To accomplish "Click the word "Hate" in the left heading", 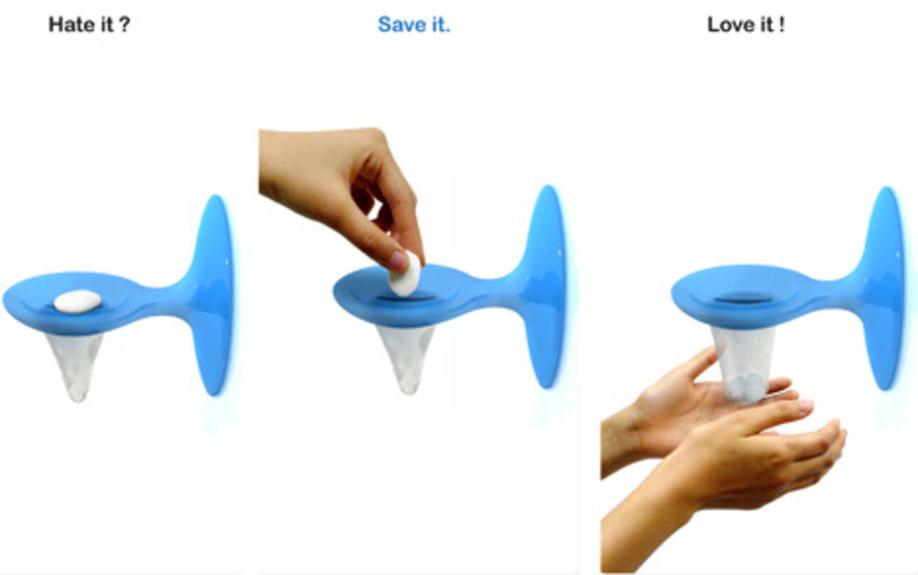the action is pyautogui.click(x=70, y=24).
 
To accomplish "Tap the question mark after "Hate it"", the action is pyautogui.click(x=125, y=24).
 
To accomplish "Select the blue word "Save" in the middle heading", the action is pyautogui.click(x=402, y=24).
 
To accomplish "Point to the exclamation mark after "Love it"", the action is pyautogui.click(x=782, y=24).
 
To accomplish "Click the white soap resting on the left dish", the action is pyautogui.click(x=78, y=301).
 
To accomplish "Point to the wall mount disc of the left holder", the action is pyautogui.click(x=214, y=295).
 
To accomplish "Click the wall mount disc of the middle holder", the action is pyautogui.click(x=547, y=286).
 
